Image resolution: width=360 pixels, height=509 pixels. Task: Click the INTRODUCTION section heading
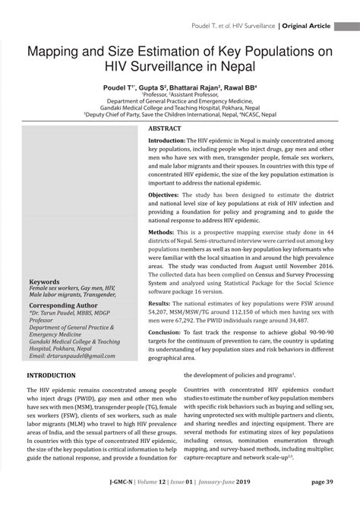pyautogui.click(x=52, y=375)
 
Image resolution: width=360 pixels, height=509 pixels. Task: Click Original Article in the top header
pyautogui.click(x=306, y=26)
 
